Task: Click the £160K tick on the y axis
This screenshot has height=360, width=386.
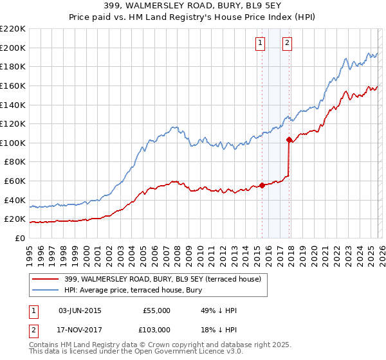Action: tap(13, 85)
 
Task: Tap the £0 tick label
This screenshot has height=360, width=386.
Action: tap(20, 238)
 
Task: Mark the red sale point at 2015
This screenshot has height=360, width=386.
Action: tap(262, 186)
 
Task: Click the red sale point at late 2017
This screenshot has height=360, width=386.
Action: tap(289, 139)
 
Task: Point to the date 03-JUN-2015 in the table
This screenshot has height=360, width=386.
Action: tap(80, 310)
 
